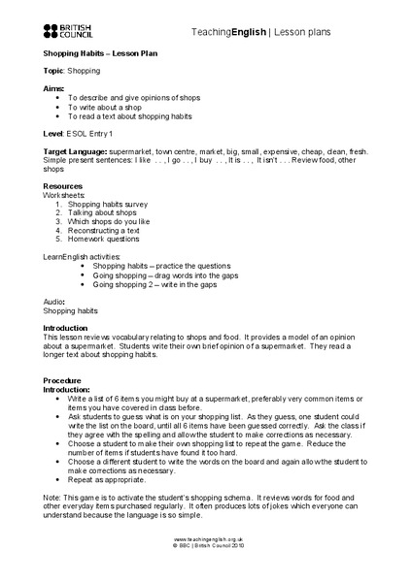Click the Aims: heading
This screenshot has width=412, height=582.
coord(55,87)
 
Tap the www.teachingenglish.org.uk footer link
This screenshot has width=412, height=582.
coord(206,564)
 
